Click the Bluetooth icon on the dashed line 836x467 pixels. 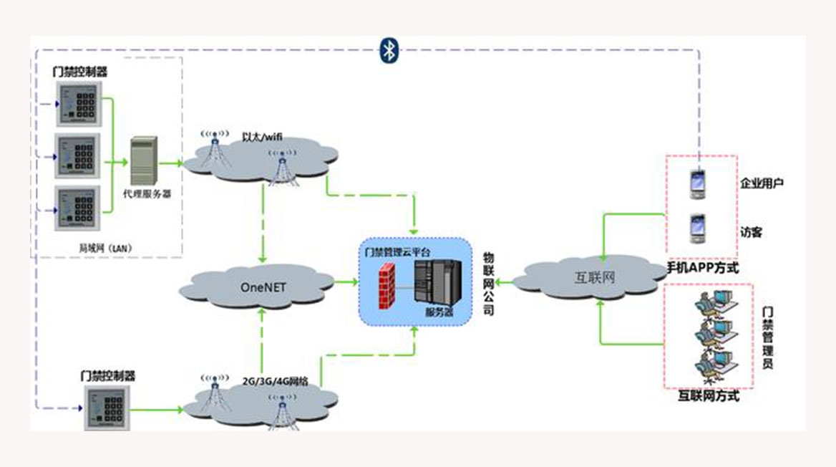[x=389, y=49]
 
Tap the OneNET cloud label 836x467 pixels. [x=262, y=287]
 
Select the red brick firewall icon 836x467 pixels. [x=387, y=284]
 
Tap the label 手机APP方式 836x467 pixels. [x=702, y=268]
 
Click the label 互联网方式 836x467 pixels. [x=708, y=395]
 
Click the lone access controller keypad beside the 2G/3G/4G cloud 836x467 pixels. [x=107, y=409]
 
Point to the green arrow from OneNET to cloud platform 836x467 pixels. [x=345, y=282]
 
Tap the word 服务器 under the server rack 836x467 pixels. [x=439, y=312]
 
